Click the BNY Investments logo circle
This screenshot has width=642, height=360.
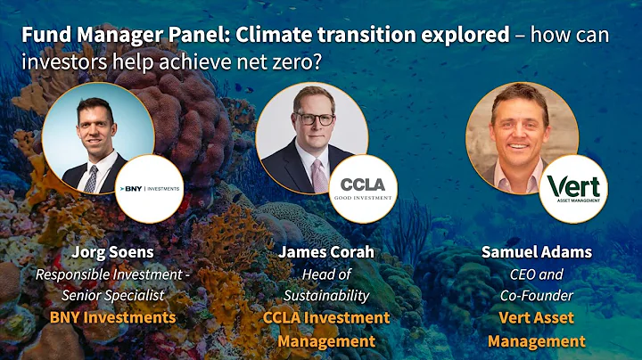point(151,188)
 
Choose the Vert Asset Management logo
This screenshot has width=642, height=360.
point(573,188)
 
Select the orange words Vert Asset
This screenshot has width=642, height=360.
point(538,318)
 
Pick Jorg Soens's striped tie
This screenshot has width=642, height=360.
point(91,177)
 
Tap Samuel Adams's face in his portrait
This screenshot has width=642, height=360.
point(519,126)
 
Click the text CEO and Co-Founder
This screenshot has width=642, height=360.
point(538,284)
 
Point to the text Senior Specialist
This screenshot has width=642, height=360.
point(112,294)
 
